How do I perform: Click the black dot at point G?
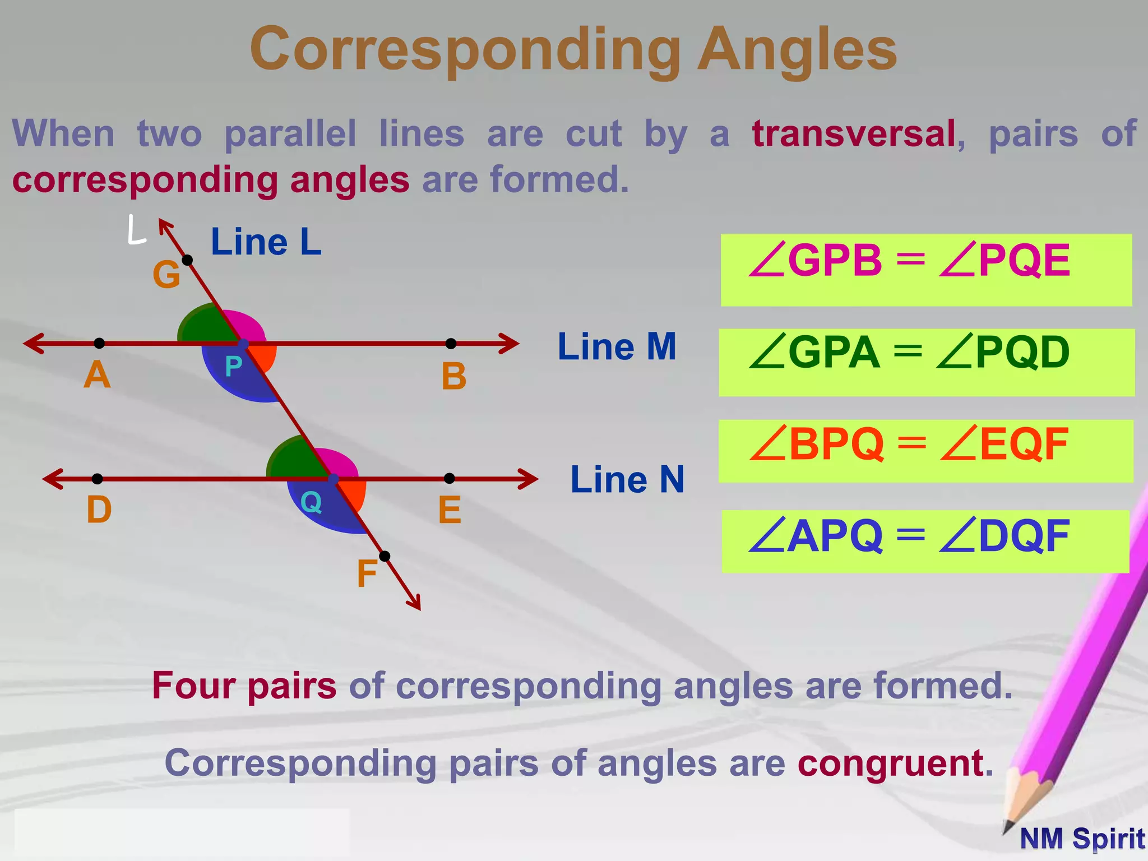[188, 260]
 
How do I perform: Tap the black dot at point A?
[99, 343]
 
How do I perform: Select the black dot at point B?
[451, 343]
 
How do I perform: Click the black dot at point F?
[385, 556]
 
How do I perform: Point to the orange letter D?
[99, 510]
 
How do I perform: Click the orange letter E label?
[450, 510]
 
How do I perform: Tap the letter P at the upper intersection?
[233, 367]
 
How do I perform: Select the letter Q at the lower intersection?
[311, 502]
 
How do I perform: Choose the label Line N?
[627, 480]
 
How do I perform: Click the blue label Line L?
[266, 242]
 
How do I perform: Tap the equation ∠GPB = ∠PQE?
[909, 261]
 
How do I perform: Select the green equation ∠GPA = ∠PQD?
[909, 353]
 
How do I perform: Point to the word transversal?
[854, 134]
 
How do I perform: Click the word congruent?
[890, 763]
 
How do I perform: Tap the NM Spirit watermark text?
[1082, 839]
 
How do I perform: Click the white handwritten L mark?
[136, 230]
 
